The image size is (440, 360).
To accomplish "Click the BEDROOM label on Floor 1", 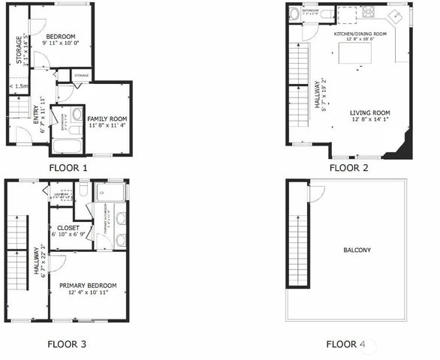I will tap(61, 36).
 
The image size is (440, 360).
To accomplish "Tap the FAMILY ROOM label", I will tap(107, 119).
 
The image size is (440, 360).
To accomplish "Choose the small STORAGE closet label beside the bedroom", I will tap(81, 76).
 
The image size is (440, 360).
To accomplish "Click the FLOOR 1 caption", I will tap(68, 168).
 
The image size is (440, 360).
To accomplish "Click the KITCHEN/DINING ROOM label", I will tap(360, 34).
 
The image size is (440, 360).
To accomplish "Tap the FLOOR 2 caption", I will tap(348, 168).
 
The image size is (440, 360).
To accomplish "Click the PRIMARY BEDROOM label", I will tap(88, 285).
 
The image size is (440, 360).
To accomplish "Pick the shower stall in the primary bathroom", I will tap(112, 192).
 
